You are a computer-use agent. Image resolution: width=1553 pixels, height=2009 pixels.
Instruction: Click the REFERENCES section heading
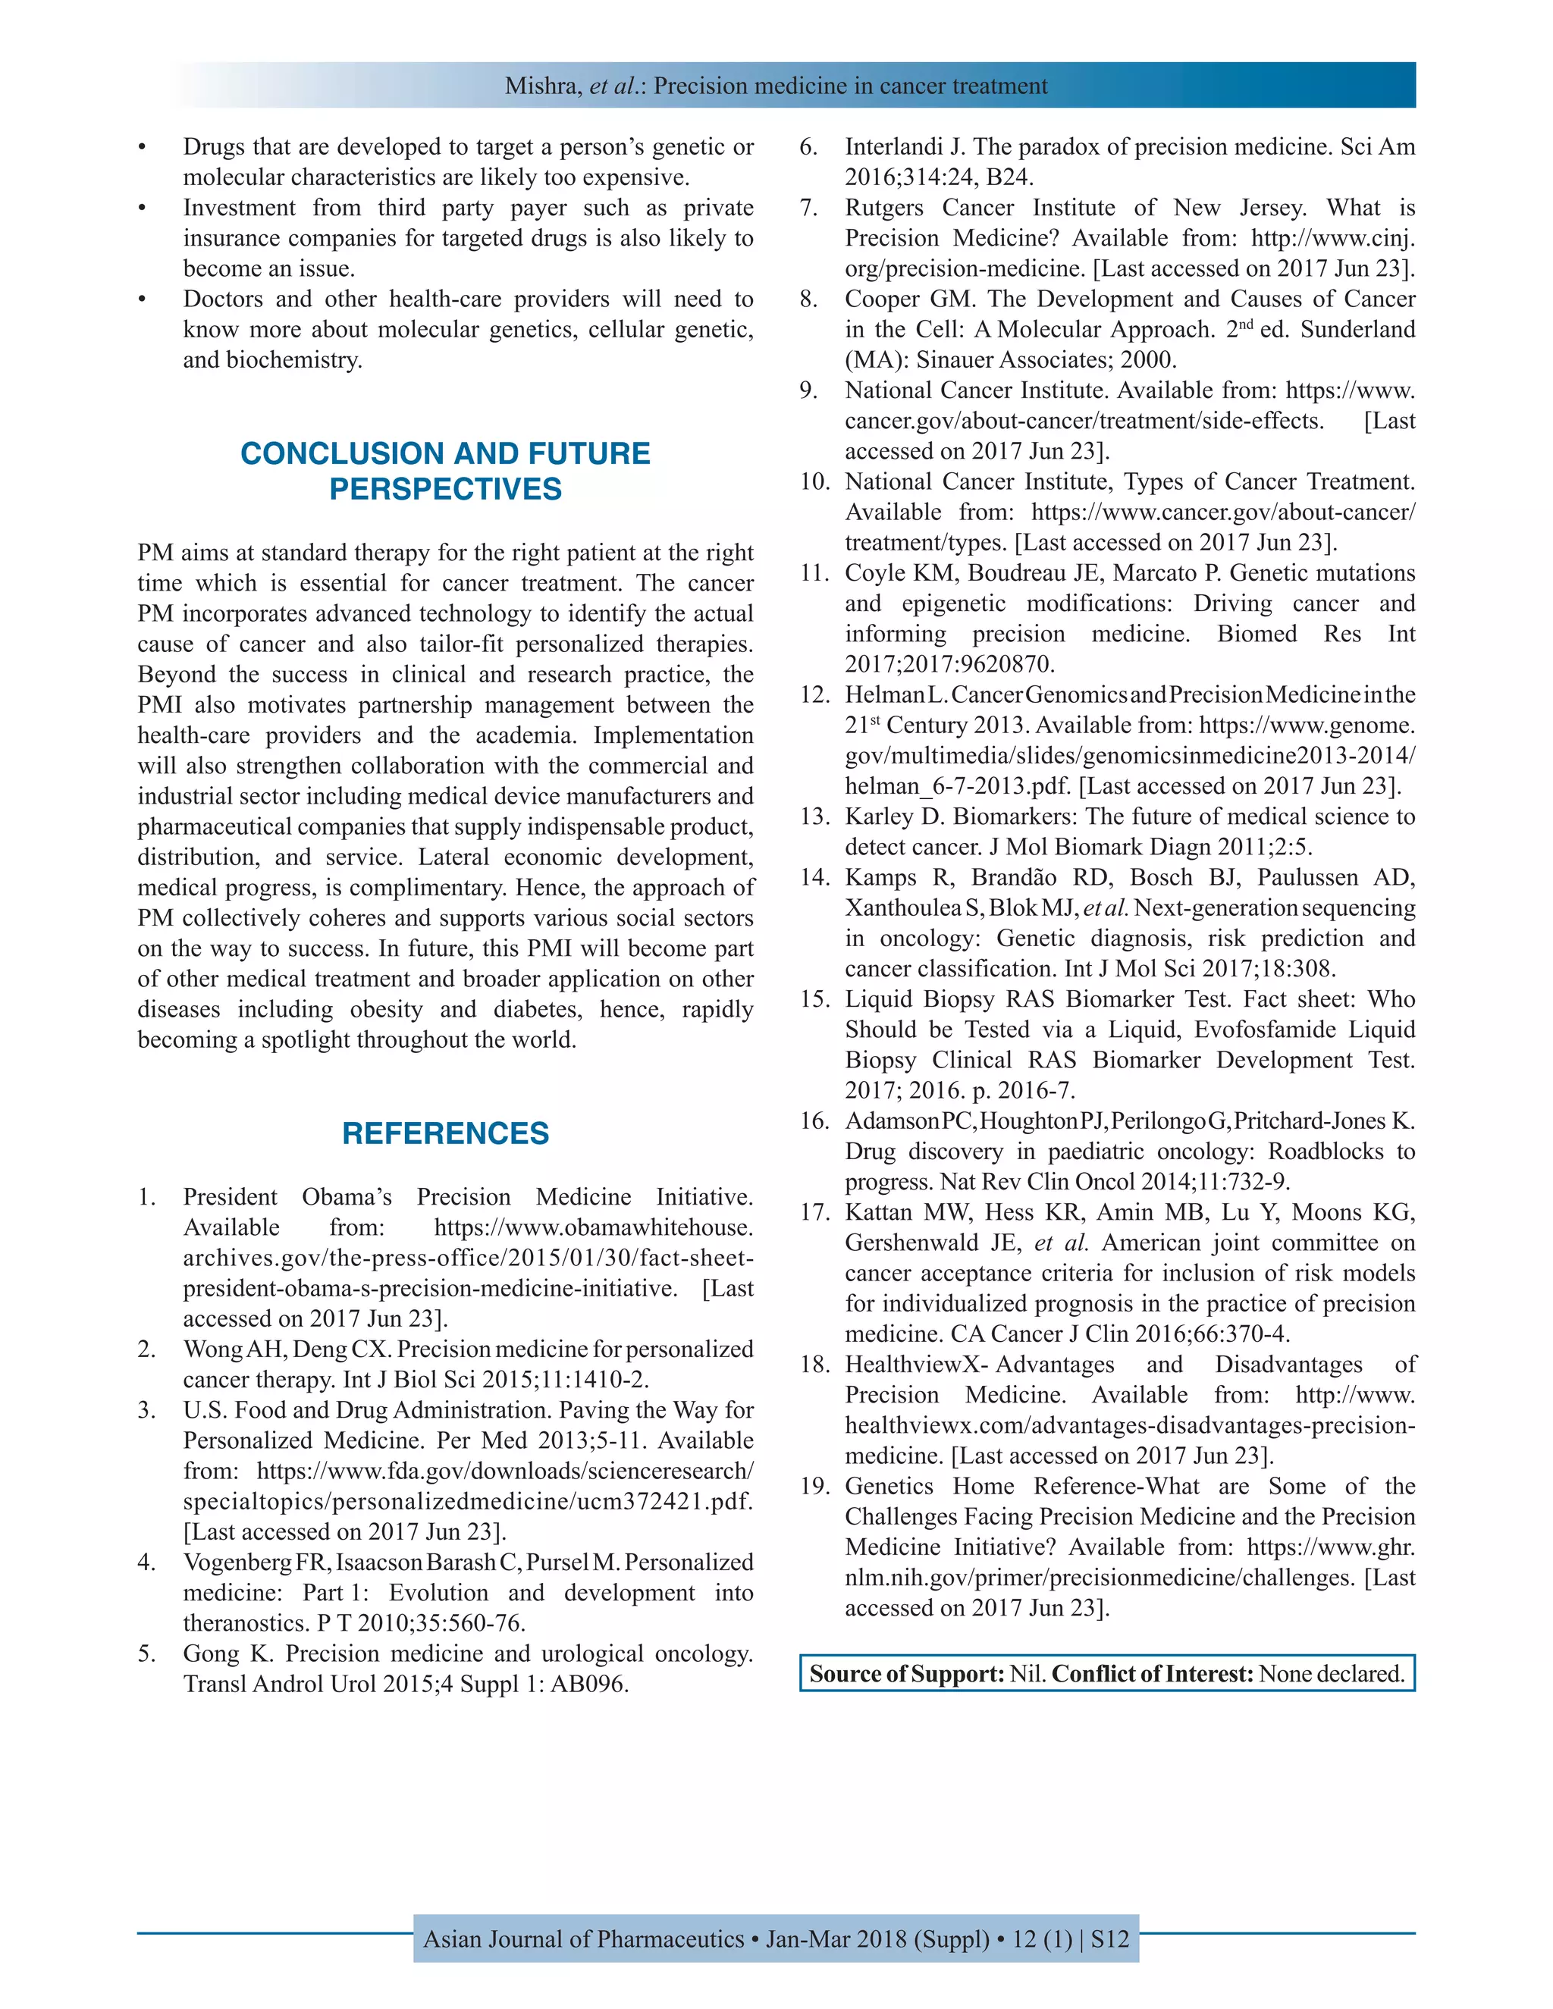pos(445,1133)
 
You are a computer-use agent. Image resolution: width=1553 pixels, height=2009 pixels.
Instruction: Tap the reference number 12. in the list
pos(814,694)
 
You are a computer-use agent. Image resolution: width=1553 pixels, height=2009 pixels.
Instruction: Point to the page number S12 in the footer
pos(1109,1939)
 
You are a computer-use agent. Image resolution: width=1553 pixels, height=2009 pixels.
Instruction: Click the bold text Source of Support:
pos(906,1673)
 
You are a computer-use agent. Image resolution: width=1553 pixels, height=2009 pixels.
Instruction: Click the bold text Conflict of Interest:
pos(1152,1673)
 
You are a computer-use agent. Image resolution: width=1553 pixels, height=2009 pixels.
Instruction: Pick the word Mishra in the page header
pos(543,86)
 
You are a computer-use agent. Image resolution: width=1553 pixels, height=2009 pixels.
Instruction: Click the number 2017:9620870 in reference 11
pos(949,664)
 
